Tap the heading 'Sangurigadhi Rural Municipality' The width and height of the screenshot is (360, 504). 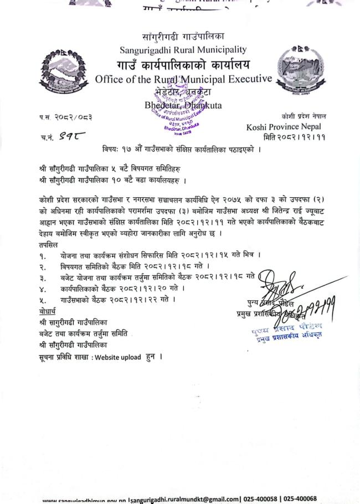tap(183, 50)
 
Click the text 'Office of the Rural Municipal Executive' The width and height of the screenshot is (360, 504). tap(183, 79)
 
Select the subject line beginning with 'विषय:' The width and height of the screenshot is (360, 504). tap(182, 149)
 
